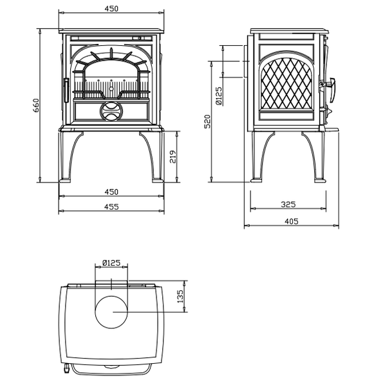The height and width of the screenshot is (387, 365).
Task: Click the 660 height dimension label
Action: point(36,105)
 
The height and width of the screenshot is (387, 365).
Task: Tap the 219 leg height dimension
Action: point(173,157)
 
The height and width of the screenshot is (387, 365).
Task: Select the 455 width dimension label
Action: point(111,206)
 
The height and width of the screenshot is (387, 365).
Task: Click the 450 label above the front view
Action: point(111,8)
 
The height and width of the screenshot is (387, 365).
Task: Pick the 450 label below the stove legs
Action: point(111,192)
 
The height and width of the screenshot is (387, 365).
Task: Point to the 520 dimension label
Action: point(208,121)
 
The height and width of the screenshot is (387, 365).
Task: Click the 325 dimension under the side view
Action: point(288,204)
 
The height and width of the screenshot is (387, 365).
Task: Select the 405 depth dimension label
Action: point(292,221)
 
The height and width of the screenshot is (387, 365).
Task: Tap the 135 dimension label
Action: point(180,296)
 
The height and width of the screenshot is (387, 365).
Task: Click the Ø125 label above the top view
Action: point(111,263)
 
